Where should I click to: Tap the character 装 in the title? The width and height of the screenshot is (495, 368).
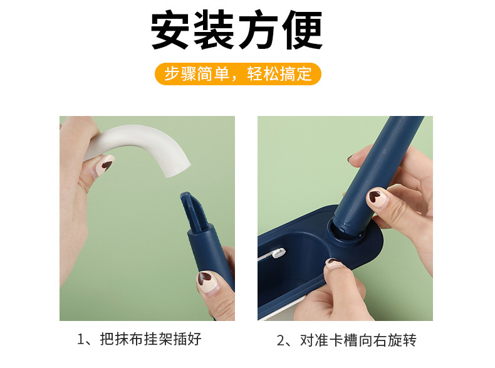click(x=215, y=31)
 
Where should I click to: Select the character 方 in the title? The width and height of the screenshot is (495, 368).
click(x=258, y=31)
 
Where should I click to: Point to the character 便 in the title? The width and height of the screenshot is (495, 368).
click(x=301, y=31)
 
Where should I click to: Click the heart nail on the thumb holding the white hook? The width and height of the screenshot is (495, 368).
click(x=107, y=164)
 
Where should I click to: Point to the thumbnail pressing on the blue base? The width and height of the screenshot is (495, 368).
click(x=335, y=263)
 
